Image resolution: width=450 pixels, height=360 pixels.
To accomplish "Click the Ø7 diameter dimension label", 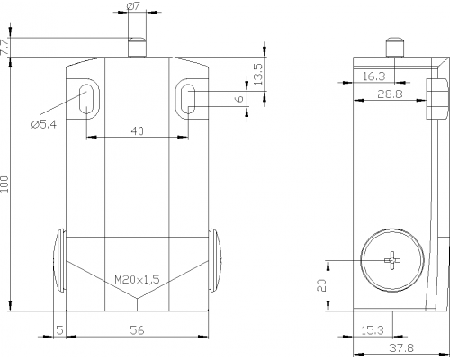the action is (133, 6).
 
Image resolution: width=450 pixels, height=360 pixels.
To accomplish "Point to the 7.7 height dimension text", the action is (5, 47).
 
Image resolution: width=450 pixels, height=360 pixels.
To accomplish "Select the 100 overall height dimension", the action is (5, 184).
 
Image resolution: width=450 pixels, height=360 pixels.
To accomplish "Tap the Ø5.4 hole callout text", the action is (44, 124).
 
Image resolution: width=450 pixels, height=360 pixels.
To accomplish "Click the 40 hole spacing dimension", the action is (138, 131).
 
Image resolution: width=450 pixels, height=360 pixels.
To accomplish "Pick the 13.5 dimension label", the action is (258, 74).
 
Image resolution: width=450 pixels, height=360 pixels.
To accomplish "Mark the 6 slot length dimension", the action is (240, 99).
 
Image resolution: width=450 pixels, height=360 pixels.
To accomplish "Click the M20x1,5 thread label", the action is (137, 280).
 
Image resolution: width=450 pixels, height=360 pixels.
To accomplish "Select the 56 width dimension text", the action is (137, 330).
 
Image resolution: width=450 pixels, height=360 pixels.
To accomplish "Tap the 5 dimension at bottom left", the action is (60, 330).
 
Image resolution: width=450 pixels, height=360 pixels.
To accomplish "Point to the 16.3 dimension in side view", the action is (373, 76).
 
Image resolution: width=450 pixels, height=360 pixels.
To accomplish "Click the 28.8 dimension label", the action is (390, 94).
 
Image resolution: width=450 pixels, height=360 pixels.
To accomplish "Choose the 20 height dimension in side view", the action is (321, 285).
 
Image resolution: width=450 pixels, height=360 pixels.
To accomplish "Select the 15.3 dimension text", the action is (373, 330).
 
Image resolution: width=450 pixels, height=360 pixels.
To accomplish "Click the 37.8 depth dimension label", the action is (401, 348).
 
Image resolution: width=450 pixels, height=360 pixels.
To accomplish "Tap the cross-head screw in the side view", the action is (392, 260).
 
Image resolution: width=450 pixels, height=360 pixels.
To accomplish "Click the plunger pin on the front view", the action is (137, 47).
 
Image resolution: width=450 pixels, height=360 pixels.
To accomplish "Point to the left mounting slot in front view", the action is (86, 99).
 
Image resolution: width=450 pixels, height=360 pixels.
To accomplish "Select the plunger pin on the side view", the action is (394, 47).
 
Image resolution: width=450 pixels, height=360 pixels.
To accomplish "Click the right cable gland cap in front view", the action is (215, 260).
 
